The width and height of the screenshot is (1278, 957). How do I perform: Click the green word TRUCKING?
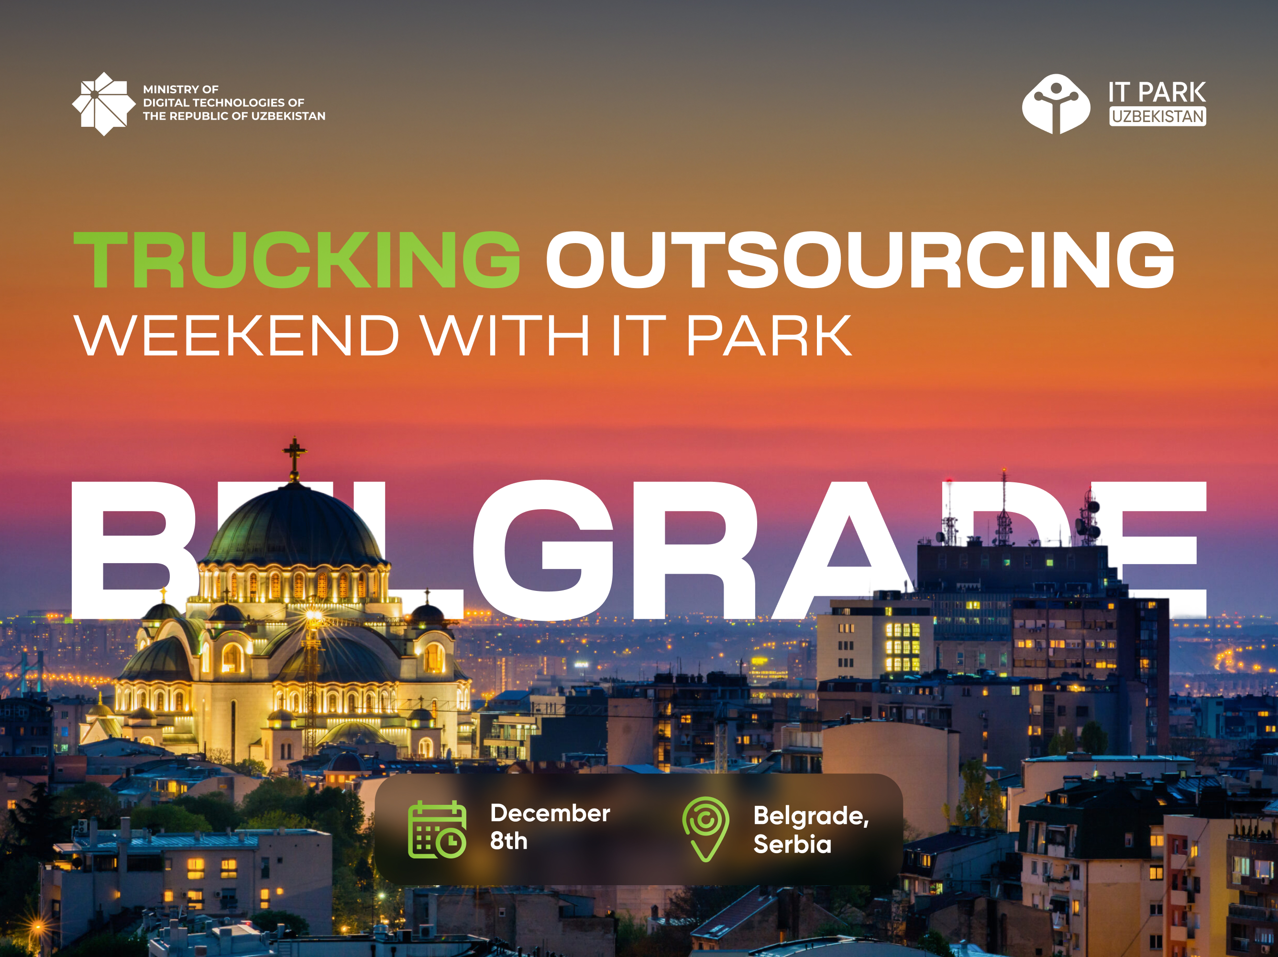point(297,259)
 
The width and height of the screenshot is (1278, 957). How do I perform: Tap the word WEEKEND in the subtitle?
point(237,336)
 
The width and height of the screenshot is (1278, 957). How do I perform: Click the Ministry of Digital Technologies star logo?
point(104,104)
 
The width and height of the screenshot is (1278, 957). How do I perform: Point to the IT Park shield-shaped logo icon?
point(1056,104)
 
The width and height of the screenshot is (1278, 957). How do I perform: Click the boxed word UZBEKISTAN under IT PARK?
point(1158,116)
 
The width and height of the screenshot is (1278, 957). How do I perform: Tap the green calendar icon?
point(437,830)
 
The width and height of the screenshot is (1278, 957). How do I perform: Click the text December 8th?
point(550,827)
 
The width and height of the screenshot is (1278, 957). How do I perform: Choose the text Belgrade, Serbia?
point(811,830)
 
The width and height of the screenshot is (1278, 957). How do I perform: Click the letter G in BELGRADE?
point(544,550)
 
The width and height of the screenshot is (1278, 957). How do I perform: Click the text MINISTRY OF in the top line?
point(181,89)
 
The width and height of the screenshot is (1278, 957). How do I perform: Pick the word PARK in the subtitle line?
point(769,336)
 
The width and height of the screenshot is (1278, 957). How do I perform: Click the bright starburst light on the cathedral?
point(313,617)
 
